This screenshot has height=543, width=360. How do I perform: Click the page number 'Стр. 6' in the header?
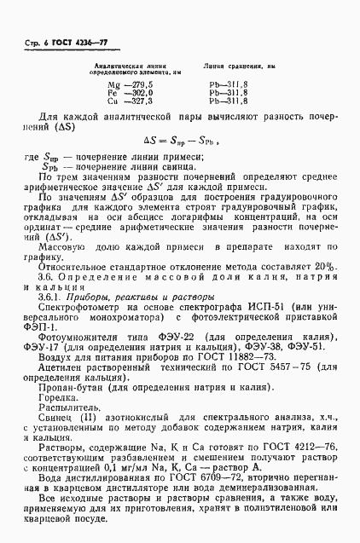[x=30, y=30]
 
